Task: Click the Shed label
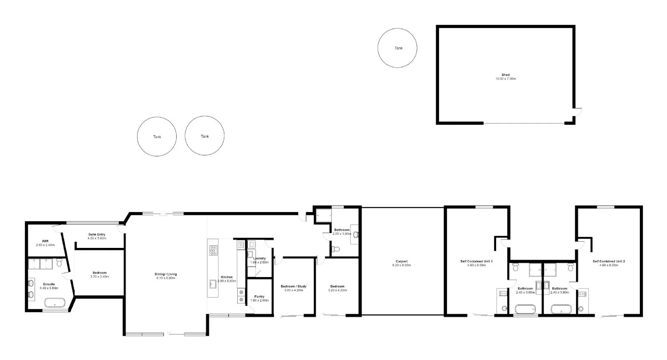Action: [x=505, y=75]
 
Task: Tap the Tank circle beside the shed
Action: [x=397, y=48]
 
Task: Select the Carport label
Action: [x=401, y=261]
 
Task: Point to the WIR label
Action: [x=45, y=241]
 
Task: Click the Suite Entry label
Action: [x=97, y=235]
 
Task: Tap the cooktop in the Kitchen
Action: [x=213, y=250]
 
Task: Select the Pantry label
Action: [x=259, y=297]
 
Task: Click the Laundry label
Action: [x=259, y=258]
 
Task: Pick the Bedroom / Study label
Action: [x=293, y=286]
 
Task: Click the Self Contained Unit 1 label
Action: [x=476, y=261]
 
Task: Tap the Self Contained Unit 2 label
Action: [x=609, y=261]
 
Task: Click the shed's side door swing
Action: [x=578, y=112]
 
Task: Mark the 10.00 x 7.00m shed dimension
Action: [x=505, y=79]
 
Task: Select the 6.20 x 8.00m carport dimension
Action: [x=401, y=265]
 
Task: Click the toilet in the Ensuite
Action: [x=59, y=263]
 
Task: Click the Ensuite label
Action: [x=49, y=284]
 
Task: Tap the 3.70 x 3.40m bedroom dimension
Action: [x=100, y=277]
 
